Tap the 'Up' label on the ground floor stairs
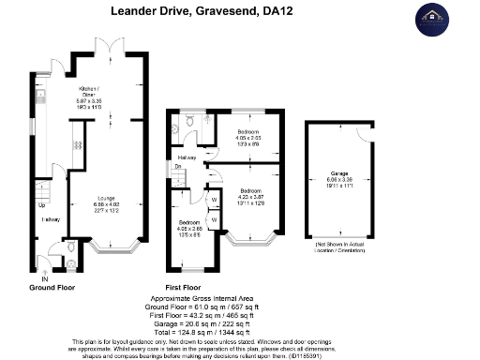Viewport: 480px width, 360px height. (42, 204)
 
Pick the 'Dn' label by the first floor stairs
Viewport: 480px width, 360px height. (178, 168)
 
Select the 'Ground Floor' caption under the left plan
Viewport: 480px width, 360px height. (52, 286)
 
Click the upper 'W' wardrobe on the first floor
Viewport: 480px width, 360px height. (215, 199)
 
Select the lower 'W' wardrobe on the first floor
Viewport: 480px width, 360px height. (215, 220)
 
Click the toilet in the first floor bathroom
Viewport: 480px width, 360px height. (189, 122)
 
